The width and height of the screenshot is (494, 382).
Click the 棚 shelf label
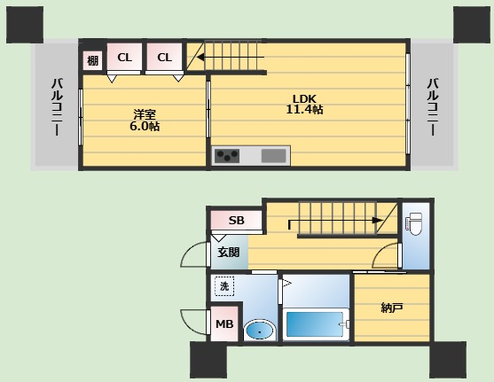(92, 60)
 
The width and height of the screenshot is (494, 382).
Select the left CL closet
(124, 57)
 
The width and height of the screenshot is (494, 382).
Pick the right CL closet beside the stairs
(164, 57)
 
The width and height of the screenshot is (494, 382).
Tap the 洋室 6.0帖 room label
(145, 121)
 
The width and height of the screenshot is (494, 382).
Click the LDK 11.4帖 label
(304, 104)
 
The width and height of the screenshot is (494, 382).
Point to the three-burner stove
(227, 156)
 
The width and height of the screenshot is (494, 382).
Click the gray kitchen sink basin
(274, 156)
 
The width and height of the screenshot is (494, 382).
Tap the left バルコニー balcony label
(57, 107)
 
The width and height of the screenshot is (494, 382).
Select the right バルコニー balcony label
(433, 107)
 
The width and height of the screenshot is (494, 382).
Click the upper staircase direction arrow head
(200, 58)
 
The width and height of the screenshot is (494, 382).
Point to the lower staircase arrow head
(378, 220)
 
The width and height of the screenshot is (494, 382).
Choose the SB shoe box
(236, 220)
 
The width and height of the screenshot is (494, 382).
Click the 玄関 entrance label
(229, 253)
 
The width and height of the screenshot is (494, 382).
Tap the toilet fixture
(414, 224)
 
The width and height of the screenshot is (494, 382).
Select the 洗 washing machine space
(224, 286)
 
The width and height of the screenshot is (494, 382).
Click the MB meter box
(224, 324)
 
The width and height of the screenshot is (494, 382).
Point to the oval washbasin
(259, 331)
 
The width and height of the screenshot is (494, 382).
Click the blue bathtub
(315, 325)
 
